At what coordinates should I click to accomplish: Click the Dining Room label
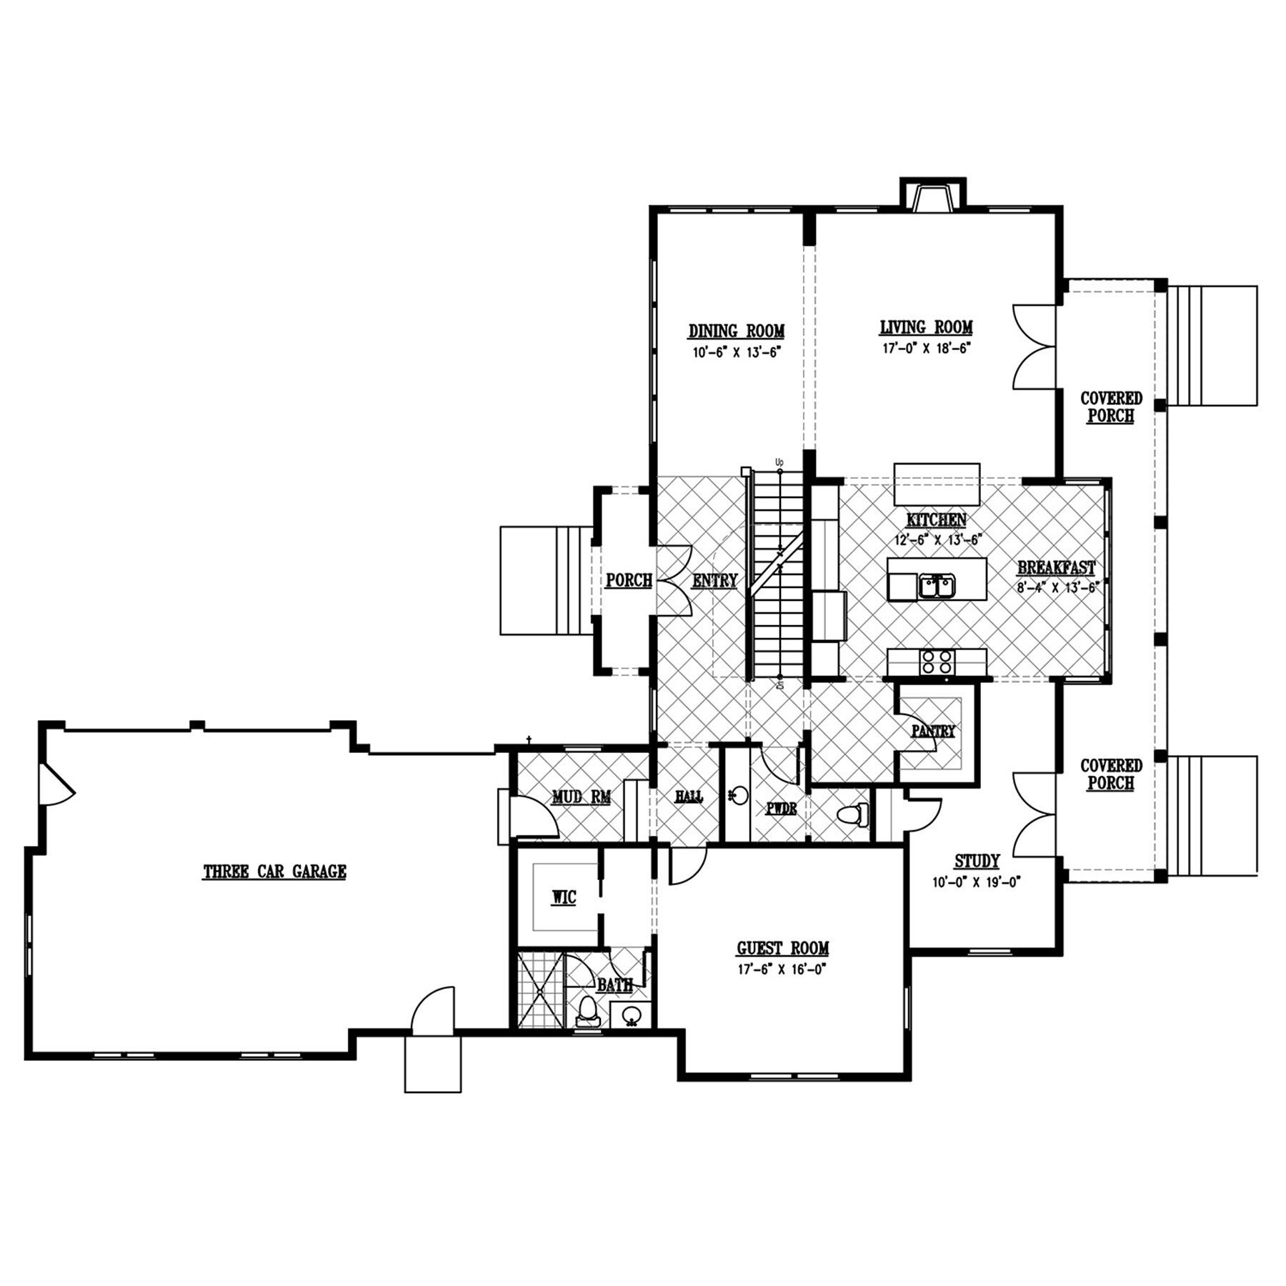(737, 332)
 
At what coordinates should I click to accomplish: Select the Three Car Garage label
(275, 872)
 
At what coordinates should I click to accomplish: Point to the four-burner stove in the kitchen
(937, 661)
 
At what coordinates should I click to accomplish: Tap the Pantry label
(933, 731)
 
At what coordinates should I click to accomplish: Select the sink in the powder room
(739, 794)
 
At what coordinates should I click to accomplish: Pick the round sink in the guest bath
(630, 1015)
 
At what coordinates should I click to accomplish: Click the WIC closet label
(563, 898)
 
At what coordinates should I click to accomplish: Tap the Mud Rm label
(581, 797)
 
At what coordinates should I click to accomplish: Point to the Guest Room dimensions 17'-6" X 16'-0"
(783, 969)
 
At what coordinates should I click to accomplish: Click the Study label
(977, 861)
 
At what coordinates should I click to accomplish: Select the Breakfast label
(1057, 568)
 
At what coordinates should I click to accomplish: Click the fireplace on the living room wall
(932, 194)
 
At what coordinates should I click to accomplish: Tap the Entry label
(714, 581)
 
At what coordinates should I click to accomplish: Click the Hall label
(689, 797)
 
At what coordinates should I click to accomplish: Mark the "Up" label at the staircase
(779, 462)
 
